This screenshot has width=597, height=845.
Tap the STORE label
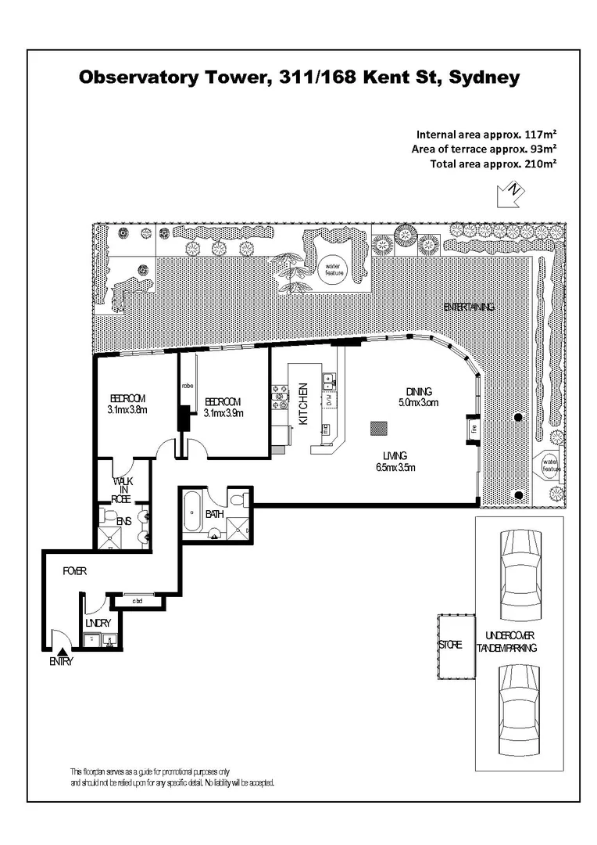click(x=450, y=645)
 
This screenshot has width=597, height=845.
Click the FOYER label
click(x=75, y=571)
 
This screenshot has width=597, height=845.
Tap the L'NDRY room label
click(x=98, y=623)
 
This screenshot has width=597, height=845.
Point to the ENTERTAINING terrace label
click(x=469, y=307)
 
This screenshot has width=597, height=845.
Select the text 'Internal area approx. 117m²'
click(x=487, y=133)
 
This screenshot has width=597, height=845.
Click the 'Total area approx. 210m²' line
click(x=493, y=164)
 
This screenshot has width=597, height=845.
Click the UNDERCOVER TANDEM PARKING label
click(x=509, y=641)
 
